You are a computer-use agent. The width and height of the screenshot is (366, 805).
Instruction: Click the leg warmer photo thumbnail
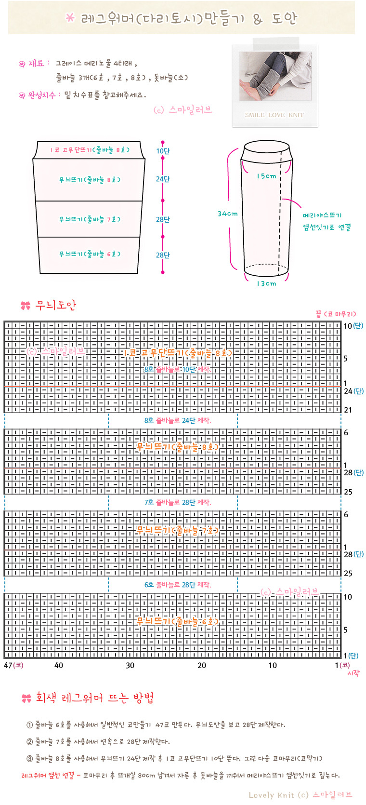point(275,76)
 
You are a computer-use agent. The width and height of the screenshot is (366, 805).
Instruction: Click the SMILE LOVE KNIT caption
point(274,115)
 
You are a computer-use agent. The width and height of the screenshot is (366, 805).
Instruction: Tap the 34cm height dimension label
point(228,214)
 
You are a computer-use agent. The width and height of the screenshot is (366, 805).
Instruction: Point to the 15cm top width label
point(266,176)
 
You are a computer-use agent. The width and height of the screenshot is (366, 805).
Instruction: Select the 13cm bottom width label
point(266,283)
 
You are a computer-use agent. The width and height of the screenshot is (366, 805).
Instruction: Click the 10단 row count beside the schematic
point(163,151)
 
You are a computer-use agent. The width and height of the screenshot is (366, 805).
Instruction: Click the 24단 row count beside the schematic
point(163,179)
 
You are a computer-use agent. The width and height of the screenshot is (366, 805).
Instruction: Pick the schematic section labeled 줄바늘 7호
point(89,219)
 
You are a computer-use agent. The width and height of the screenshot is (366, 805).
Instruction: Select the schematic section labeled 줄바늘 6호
point(89,255)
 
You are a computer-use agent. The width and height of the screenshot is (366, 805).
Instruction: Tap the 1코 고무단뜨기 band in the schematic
point(89,150)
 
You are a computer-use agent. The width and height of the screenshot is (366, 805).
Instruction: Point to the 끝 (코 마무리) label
point(336,314)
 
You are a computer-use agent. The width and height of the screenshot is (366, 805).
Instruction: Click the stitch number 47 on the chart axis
point(8,665)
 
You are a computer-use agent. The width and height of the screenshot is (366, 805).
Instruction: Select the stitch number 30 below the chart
point(130,666)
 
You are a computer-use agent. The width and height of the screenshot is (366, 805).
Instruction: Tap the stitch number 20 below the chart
point(202,666)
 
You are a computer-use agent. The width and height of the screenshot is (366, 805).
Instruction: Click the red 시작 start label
point(353,673)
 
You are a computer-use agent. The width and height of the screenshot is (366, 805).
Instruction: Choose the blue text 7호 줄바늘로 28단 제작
point(178,502)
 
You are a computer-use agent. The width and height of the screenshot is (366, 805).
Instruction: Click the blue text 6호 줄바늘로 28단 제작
point(178,585)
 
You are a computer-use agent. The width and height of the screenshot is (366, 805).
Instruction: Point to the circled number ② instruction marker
point(30,741)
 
